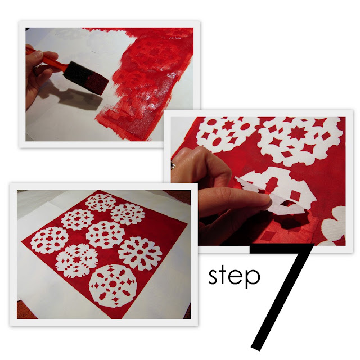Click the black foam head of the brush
(x=85, y=78)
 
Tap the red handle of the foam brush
(x=47, y=58)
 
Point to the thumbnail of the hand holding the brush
(x=38, y=55)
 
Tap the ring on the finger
(x=173, y=165)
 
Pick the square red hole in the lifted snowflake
(x=295, y=195)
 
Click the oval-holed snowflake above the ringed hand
(x=227, y=134)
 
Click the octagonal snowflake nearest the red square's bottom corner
(x=112, y=285)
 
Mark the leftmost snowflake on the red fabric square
(x=49, y=240)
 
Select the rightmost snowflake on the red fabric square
(x=140, y=254)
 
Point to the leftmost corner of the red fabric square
(x=21, y=241)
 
